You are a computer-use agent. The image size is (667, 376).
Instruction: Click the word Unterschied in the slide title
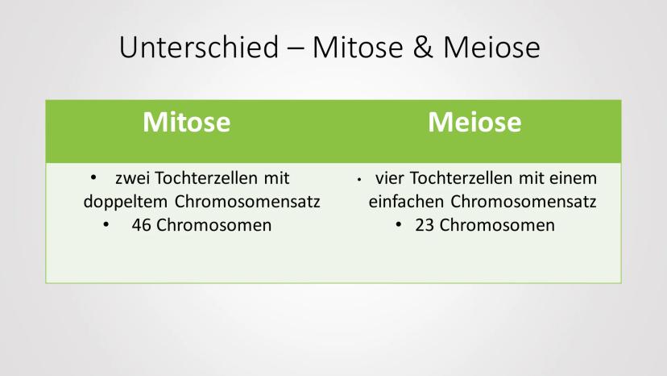coord(199,47)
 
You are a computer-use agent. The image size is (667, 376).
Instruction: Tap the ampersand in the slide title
coord(423,47)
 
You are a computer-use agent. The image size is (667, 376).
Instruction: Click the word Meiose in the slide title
coord(491,47)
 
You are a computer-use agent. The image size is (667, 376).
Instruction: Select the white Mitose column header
coord(186,122)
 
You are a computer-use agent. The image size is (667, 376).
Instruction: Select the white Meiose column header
coord(474,122)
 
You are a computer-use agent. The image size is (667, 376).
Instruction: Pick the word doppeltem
coord(126,202)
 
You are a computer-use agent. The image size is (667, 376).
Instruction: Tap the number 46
coord(141,225)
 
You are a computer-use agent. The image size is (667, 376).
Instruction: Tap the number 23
coord(425,225)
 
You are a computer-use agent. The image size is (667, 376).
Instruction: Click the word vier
coord(389,178)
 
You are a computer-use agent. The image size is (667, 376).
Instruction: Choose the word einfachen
coord(406,201)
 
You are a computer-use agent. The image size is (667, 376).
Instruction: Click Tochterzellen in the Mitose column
coord(206,178)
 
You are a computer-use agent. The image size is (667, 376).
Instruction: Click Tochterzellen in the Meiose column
coord(461,178)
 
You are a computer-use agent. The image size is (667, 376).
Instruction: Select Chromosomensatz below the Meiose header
coord(524,201)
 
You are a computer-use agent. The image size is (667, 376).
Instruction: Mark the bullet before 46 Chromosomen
coord(106,224)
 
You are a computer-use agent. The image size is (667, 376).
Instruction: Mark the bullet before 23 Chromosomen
coord(398,224)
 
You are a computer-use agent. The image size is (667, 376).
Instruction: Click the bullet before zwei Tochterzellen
coord(93,178)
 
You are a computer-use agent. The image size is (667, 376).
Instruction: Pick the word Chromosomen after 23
coord(497,225)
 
